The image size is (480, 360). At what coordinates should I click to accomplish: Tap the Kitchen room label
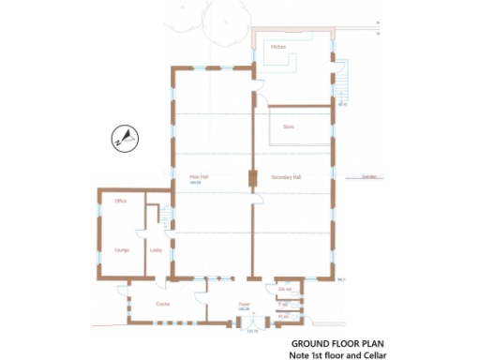[277, 47]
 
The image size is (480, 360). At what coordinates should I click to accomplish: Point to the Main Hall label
[198, 176]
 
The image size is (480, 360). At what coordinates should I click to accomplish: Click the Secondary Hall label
[285, 177]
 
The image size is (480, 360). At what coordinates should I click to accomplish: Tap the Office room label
[121, 202]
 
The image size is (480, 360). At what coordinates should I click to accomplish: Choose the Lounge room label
[121, 250]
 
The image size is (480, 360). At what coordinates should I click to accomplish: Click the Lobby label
[155, 250]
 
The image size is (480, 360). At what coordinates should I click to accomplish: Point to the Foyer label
[244, 305]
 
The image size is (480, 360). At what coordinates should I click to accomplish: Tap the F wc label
[283, 306]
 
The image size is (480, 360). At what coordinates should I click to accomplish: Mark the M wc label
[283, 318]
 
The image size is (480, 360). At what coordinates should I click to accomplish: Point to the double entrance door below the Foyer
[250, 325]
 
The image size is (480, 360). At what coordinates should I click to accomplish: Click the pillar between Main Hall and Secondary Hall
[251, 178]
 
